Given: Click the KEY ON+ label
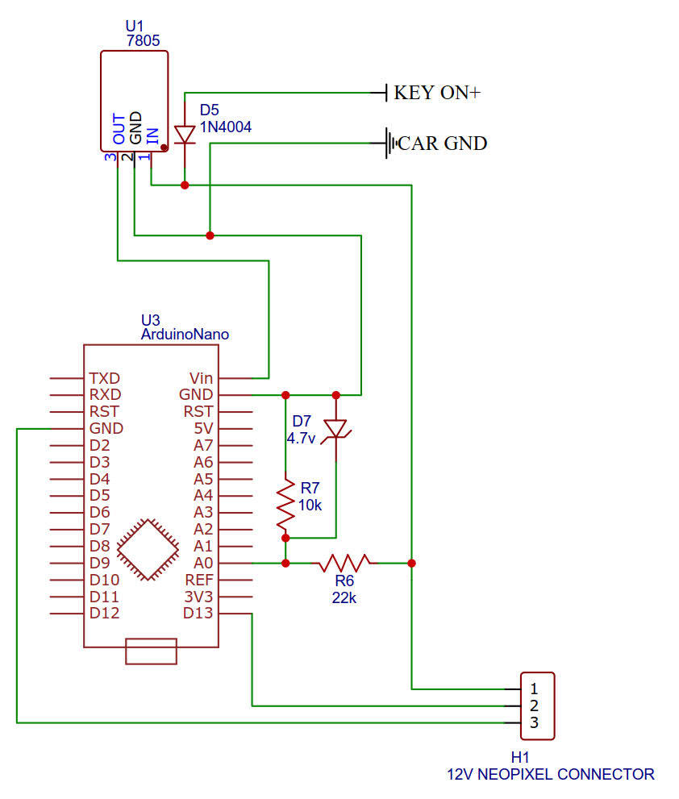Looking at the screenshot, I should pos(436,93).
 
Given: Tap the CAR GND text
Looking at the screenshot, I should pos(443,144).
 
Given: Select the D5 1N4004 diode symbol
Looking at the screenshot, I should pos(185,135).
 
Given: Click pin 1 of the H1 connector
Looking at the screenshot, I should pos(533,689).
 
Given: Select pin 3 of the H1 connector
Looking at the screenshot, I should pos(533,723).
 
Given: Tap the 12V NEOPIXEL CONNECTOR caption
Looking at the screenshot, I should pos(551,774).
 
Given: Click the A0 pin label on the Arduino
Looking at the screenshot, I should pos(203,563).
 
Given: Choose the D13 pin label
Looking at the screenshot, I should pos(198,614).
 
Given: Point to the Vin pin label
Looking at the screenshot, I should pos(201,377).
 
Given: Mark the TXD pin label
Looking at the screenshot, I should pos(106,377).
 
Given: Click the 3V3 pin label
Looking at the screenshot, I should pos(198,597).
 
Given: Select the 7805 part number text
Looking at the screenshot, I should pos(143,39).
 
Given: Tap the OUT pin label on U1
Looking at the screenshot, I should pos(119,130).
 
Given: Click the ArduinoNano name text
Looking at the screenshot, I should pos(184,333).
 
